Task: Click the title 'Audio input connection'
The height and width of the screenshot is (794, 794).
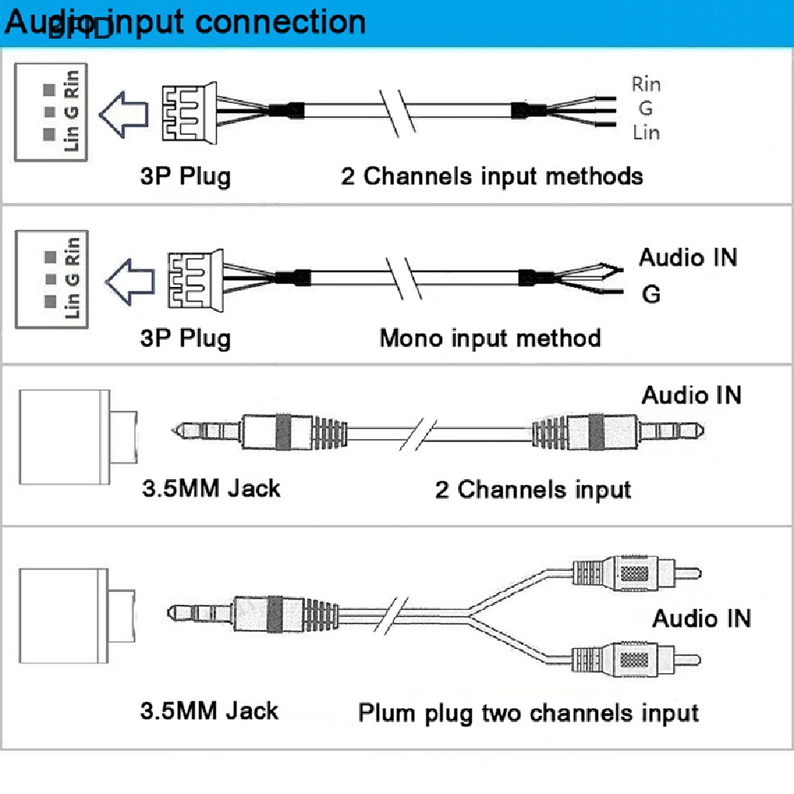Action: point(185,22)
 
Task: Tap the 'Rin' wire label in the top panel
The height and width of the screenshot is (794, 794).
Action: point(646,84)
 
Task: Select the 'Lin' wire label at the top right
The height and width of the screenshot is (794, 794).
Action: point(646,133)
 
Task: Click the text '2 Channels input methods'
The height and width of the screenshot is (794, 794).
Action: point(492,176)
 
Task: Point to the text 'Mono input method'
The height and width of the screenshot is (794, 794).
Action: point(490,339)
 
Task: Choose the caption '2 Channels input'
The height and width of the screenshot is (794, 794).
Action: point(533,490)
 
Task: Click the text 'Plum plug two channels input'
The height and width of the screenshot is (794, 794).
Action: point(528,713)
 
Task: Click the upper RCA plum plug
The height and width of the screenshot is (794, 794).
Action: point(636,575)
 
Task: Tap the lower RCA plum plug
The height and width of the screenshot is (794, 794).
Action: point(636,661)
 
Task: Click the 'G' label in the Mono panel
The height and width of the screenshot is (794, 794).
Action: point(651,295)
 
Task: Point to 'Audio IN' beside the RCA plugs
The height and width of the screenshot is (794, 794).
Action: point(701,619)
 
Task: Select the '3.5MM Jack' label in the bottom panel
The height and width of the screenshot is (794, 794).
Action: point(209,710)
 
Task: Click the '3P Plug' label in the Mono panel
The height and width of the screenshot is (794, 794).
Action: point(185,339)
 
